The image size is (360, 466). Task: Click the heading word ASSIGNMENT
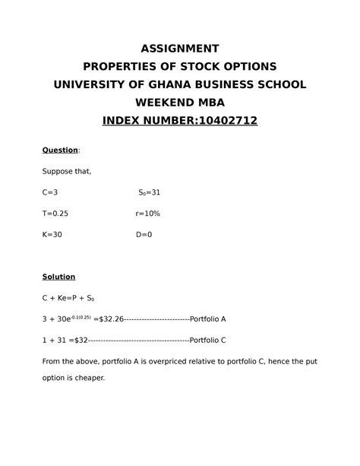point(180,46)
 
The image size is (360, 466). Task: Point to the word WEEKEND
point(163,102)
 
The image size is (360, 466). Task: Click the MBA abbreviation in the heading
point(210,102)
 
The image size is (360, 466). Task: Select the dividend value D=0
point(144,235)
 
